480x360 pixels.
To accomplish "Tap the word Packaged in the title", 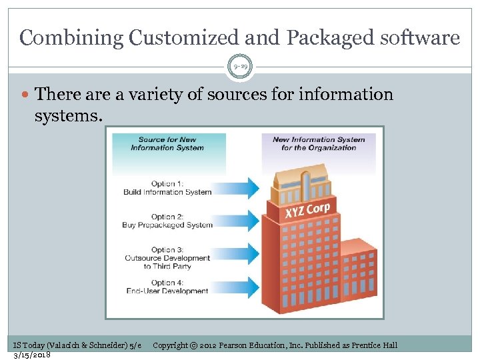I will (x=326, y=38).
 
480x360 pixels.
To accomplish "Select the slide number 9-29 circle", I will (x=240, y=67).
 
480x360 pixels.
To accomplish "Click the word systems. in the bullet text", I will (x=69, y=117).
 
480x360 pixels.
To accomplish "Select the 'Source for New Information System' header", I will (x=167, y=144).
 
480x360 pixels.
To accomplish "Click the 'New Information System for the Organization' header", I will (x=319, y=143).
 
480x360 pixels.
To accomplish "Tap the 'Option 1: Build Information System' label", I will (x=167, y=188).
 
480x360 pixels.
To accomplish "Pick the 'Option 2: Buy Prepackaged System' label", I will (x=167, y=221).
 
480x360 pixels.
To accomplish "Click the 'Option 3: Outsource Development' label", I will (x=167, y=258).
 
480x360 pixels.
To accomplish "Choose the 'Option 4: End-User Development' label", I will (x=167, y=287).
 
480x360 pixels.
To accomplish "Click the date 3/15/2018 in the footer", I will (x=32, y=354).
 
